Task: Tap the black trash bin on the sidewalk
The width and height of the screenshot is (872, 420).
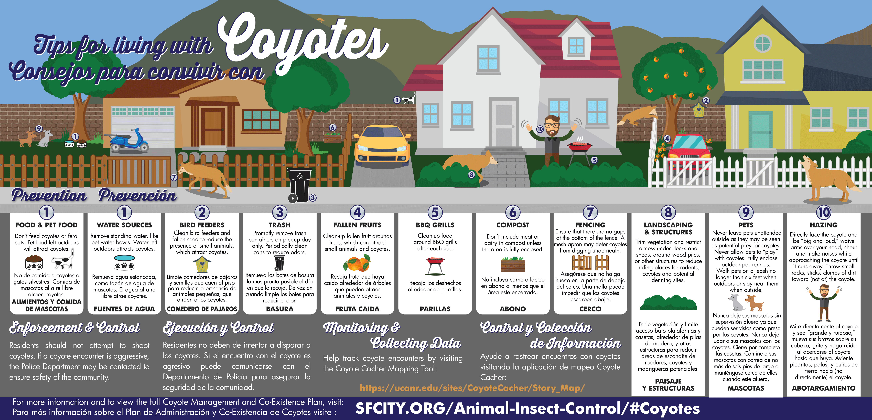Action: tap(299, 185)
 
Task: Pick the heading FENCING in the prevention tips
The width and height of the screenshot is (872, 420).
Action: tap(590, 225)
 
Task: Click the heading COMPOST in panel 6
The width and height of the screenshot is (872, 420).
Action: tap(513, 225)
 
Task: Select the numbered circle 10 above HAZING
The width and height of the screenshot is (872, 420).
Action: tap(824, 212)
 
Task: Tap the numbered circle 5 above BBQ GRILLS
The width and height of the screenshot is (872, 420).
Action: tap(435, 212)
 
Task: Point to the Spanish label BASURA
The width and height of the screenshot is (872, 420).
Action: tap(280, 309)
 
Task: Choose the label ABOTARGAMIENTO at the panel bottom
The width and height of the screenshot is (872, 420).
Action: tap(824, 388)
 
